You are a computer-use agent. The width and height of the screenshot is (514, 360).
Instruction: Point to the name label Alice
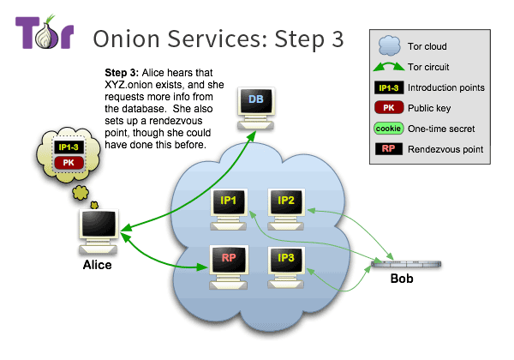pos(96,265)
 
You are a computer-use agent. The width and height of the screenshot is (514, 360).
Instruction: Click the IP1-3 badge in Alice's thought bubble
pos(69,147)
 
